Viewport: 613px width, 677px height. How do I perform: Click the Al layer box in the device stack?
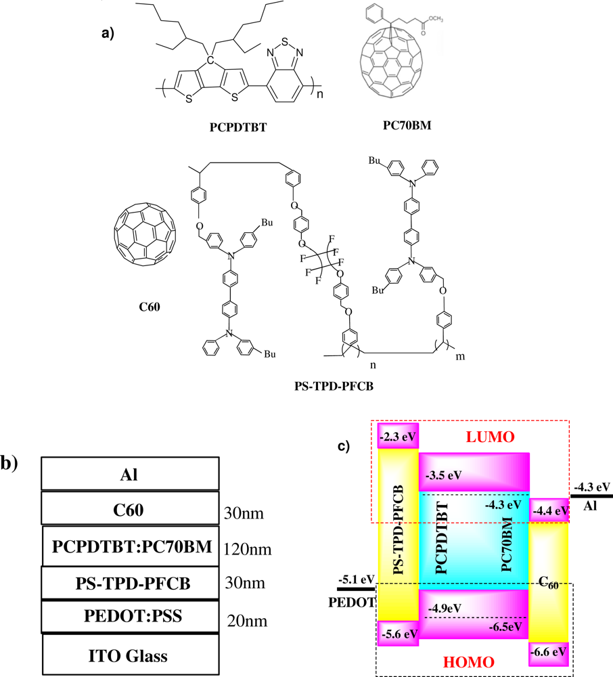point(130,473)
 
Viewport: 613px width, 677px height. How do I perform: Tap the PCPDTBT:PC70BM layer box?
point(130,546)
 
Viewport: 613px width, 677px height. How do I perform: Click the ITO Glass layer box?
point(130,655)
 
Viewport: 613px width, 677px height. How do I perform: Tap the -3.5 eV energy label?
point(444,475)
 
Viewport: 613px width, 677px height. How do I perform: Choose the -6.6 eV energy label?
point(549,653)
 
